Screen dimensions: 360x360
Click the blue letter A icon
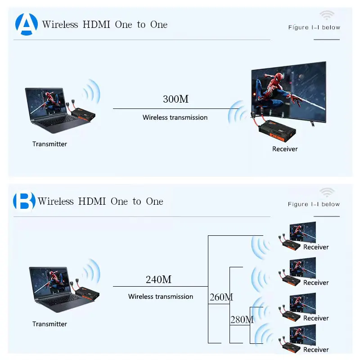(26, 24)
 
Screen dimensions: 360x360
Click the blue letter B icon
(24, 202)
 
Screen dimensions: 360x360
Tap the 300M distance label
(175, 99)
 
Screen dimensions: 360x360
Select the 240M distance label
(158, 279)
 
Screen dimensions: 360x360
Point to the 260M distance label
(221, 297)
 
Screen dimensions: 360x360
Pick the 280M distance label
(242, 320)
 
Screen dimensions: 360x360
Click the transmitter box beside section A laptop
(84, 113)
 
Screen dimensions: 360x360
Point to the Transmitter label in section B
(49, 324)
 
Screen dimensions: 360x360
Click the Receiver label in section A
(285, 149)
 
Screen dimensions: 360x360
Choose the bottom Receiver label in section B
(316, 350)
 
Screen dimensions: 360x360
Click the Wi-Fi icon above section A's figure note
(327, 15)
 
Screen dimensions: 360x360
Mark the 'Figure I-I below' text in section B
(314, 204)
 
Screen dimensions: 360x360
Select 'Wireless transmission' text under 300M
(175, 117)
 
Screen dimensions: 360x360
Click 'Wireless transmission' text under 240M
(161, 297)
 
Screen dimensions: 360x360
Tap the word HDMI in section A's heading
(96, 24)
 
